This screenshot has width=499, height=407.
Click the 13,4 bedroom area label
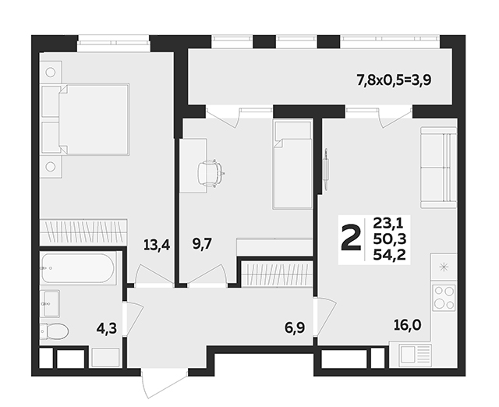[x=157, y=246]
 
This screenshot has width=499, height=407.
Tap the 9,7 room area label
[x=202, y=244]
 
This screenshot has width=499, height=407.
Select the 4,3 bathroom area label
[x=107, y=328]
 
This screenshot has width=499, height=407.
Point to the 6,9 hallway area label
[x=295, y=327]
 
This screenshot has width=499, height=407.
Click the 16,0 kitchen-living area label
[x=407, y=325]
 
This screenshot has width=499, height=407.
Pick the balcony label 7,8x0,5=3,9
[x=394, y=80]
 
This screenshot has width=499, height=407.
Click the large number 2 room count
[x=351, y=238]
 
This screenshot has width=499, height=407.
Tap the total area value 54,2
[x=390, y=255]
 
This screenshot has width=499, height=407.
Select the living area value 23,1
[x=388, y=223]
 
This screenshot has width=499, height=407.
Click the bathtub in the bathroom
[x=77, y=268]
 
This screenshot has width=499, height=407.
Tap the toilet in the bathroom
[x=54, y=331]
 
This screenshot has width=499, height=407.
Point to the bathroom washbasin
[x=50, y=303]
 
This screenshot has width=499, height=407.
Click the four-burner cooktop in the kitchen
[x=444, y=298]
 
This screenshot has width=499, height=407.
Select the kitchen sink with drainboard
[x=416, y=354]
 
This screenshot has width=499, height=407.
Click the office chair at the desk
[x=210, y=173]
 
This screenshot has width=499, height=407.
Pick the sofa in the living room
[x=439, y=168]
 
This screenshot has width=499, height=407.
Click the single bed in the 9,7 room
[x=292, y=164]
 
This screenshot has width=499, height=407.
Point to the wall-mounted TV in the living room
[x=326, y=170]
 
